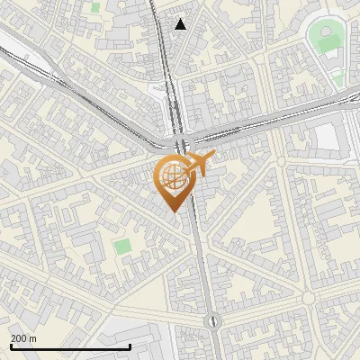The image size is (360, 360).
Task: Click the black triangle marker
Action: (181, 24)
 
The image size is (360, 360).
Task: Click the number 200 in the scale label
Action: (20, 338)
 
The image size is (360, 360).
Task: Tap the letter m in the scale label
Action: (34, 338)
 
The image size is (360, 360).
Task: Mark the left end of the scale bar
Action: (11, 346)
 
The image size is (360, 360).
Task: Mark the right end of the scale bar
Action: (130, 346)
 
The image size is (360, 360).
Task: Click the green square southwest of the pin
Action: (122, 245)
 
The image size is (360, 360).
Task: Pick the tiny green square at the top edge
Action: (95, 7)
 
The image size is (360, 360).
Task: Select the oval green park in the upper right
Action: (328, 40)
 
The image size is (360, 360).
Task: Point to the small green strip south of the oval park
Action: (337, 81)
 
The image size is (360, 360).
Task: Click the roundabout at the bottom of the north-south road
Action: (212, 320)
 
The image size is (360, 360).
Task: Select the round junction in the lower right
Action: (308, 297)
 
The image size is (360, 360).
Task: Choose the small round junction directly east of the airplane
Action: (281, 162)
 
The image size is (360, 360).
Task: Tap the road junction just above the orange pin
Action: (182, 144)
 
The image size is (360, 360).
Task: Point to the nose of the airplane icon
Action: (212, 158)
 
